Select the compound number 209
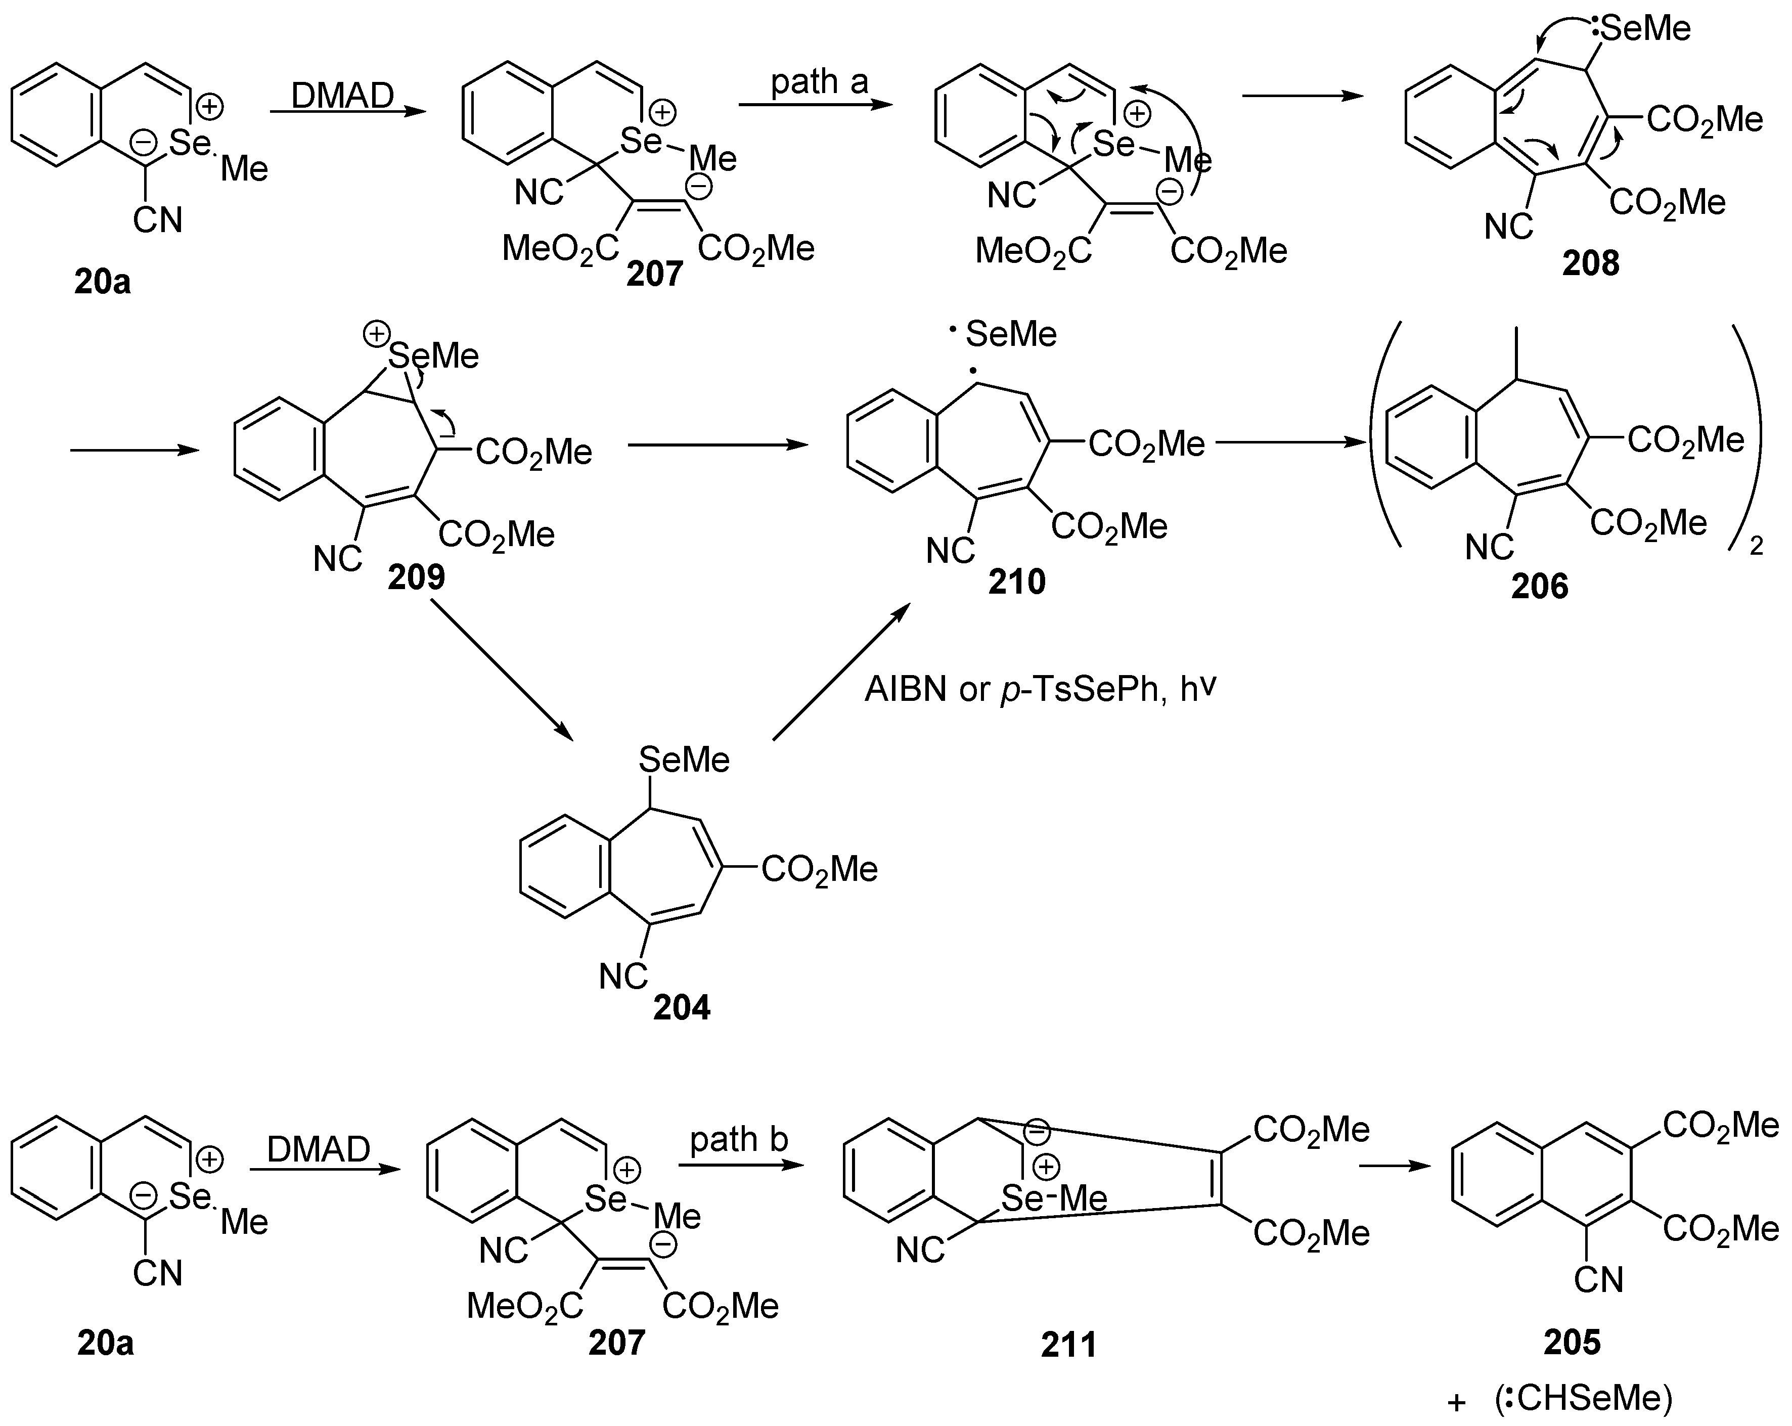417,576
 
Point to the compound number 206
1539,587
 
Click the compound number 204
682,1007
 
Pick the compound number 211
1069,1345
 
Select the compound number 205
1572,1341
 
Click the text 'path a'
820,81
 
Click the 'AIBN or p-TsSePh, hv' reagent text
1040,690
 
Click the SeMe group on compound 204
684,760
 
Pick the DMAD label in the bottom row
319,1150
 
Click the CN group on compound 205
1597,1280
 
